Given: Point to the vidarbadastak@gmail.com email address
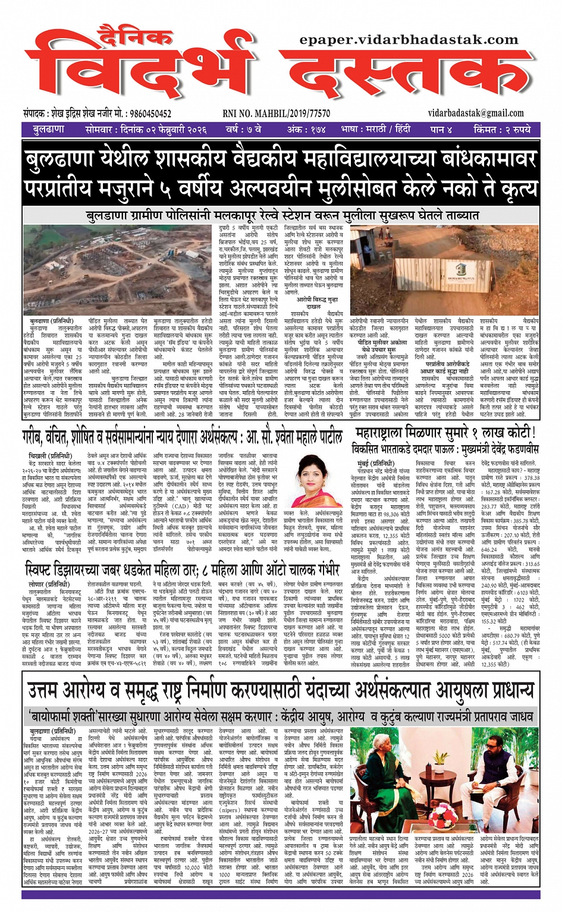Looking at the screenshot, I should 475,113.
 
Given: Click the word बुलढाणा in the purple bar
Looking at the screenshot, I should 49,129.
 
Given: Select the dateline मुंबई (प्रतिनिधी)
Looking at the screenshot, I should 375,463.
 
